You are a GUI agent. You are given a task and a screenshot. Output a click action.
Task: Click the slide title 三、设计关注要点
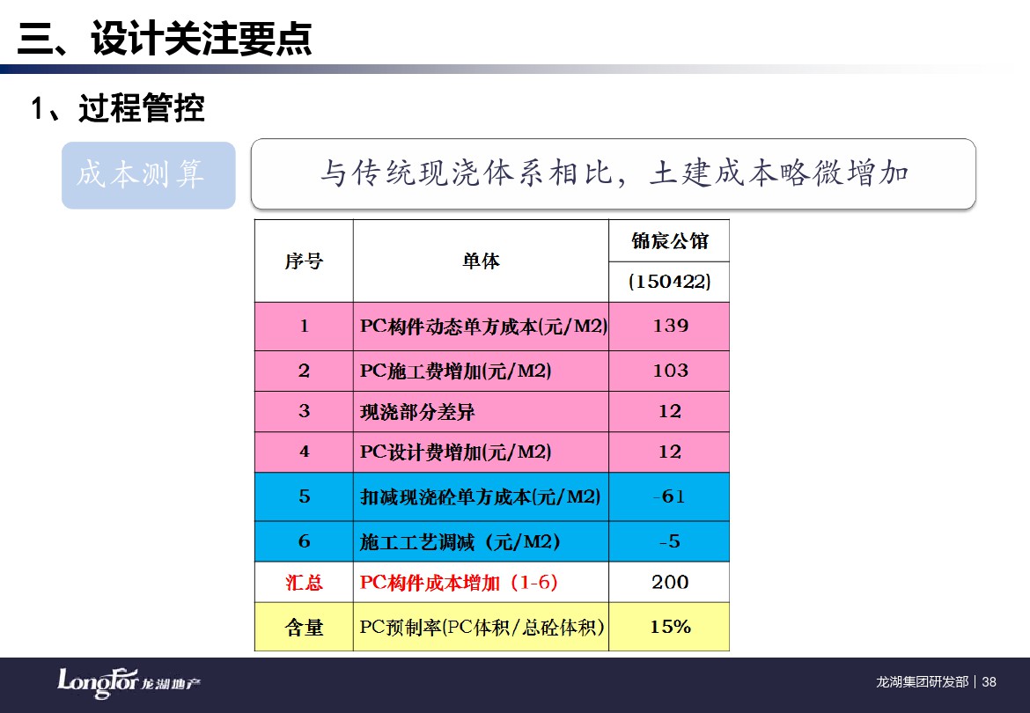pyautogui.click(x=165, y=38)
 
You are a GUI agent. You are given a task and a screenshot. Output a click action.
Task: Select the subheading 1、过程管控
pyautogui.click(x=118, y=107)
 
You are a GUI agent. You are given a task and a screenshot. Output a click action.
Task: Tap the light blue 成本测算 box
pyautogui.click(x=149, y=175)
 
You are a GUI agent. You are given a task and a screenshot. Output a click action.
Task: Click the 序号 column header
pyautogui.click(x=304, y=261)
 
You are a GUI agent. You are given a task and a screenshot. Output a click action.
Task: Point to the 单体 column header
pyautogui.click(x=481, y=261)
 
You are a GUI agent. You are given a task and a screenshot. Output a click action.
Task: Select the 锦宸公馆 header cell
pyautogui.click(x=669, y=241)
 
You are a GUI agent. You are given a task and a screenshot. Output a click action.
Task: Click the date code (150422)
pyautogui.click(x=669, y=282)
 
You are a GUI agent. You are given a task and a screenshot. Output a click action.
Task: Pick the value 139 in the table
pyautogui.click(x=670, y=326)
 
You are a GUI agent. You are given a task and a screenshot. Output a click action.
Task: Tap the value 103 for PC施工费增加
pyautogui.click(x=670, y=371)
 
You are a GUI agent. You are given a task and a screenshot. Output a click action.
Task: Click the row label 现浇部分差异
pyautogui.click(x=417, y=412)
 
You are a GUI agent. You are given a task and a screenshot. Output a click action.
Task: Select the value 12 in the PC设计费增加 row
pyautogui.click(x=670, y=452)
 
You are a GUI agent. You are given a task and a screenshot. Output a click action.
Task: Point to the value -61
pyautogui.click(x=669, y=496)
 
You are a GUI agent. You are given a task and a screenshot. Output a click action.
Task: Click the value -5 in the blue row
pyautogui.click(x=669, y=541)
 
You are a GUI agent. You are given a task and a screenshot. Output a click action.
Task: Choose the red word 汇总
pyautogui.click(x=304, y=583)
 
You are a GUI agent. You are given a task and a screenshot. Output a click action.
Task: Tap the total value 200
pyautogui.click(x=670, y=583)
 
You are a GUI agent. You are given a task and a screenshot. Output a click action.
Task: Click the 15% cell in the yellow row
pyautogui.click(x=670, y=627)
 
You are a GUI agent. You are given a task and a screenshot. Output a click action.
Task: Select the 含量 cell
pyautogui.click(x=304, y=628)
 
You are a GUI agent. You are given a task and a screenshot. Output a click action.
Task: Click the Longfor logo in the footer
pyautogui.click(x=129, y=683)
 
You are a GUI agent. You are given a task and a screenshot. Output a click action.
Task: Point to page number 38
pyautogui.click(x=990, y=682)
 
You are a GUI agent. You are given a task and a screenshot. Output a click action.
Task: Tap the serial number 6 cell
pyautogui.click(x=304, y=541)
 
